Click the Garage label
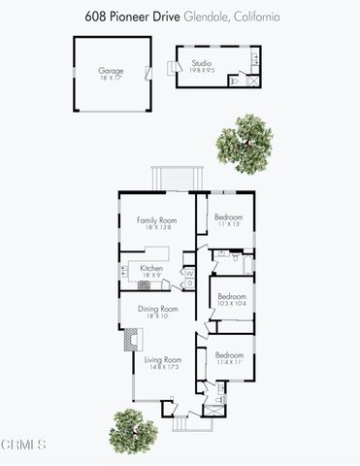110,70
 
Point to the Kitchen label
150,268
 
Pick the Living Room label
156,359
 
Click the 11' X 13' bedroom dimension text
227,224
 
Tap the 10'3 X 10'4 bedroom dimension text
231,304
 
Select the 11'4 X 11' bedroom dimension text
229,363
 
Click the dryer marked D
189,283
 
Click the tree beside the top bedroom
243,142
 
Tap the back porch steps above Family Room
176,180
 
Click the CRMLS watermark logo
23,445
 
